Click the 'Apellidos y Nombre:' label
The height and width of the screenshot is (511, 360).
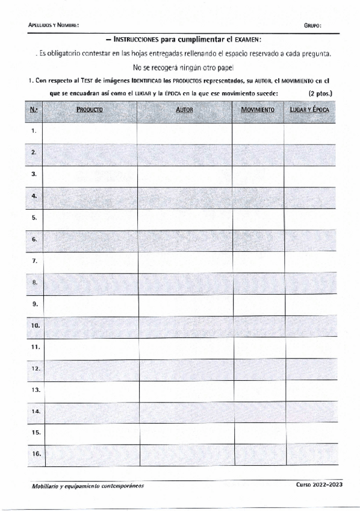54,25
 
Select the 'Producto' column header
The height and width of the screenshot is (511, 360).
90,110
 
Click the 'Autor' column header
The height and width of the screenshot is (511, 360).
184,110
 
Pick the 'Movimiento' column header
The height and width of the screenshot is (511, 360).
258,110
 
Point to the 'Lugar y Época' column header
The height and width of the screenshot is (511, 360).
309,110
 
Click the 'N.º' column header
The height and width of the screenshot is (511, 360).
34,110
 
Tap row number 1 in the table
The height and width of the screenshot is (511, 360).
34,131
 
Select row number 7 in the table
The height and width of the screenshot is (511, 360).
34,261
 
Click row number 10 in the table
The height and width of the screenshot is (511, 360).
35,325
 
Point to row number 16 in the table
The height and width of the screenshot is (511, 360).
35,454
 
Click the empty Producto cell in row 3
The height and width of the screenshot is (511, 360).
90,174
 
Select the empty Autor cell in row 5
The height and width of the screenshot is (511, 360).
184,218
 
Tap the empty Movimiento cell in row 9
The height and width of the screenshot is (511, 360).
258,304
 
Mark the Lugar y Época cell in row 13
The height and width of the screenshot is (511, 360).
309,390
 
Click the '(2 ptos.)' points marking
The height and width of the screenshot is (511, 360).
320,93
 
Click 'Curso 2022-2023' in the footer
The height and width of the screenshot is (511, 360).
319,485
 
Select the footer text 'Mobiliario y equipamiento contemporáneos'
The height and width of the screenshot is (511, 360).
88,486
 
